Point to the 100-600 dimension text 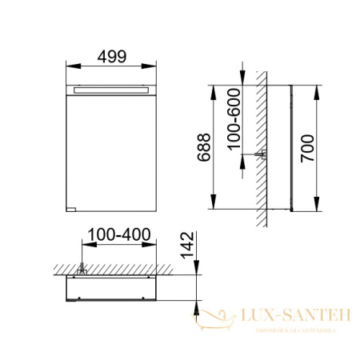(233, 119)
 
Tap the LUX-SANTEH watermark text (291, 316)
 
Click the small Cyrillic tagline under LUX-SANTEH (291, 329)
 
